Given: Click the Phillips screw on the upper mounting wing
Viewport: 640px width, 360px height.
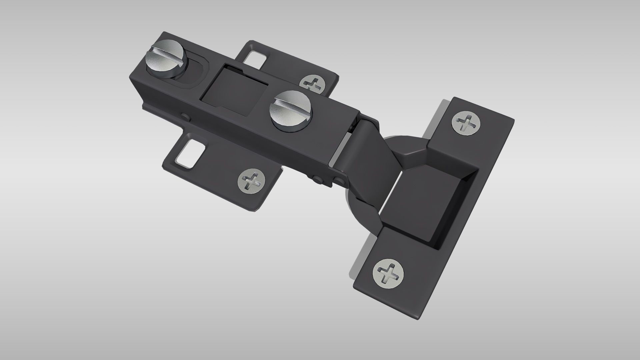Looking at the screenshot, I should click(x=313, y=83).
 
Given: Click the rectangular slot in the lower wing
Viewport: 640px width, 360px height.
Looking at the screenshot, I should click(x=190, y=153).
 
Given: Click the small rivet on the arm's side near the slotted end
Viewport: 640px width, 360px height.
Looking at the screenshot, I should click(x=184, y=116).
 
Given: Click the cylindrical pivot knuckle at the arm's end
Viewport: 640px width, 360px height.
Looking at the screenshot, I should click(x=353, y=140).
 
